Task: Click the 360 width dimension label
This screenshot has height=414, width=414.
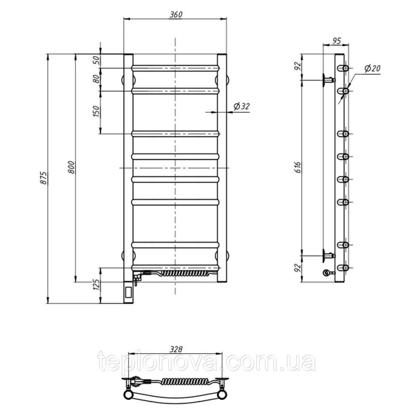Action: [176, 14]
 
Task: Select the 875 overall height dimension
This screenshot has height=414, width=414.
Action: [44, 178]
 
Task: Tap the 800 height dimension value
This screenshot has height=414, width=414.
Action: [72, 167]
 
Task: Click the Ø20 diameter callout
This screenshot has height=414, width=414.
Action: [372, 68]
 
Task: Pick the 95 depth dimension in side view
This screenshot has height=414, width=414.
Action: [336, 41]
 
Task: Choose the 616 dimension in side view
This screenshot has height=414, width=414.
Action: [298, 167]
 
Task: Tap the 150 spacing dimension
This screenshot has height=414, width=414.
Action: [96, 111]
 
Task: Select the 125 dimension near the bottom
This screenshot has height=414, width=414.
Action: [96, 285]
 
